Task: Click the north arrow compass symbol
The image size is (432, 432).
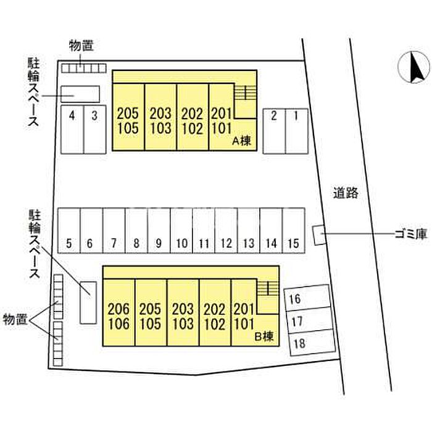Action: (x=413, y=68)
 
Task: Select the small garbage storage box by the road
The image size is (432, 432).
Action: (x=319, y=235)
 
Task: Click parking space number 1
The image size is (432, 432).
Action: (x=296, y=131)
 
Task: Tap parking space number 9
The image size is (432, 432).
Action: (x=159, y=230)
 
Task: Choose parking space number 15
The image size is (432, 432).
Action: (x=294, y=230)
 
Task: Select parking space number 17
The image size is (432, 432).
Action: (x=308, y=321)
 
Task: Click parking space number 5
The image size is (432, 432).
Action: (x=69, y=230)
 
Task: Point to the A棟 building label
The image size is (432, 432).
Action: (x=241, y=141)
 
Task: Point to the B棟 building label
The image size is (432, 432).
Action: (x=265, y=337)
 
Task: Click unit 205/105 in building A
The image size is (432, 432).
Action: (x=128, y=120)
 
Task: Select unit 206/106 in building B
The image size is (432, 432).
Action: (x=118, y=316)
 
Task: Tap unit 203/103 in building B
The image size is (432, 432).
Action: (x=183, y=316)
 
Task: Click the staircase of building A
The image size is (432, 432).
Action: (x=245, y=93)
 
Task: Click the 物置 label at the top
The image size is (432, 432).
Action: (x=81, y=45)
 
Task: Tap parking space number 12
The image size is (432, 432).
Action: (x=226, y=230)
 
